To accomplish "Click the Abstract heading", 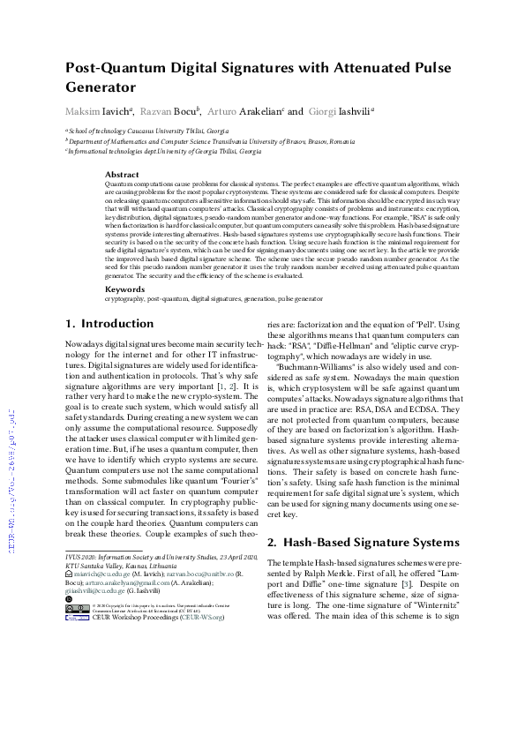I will point(122,175).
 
